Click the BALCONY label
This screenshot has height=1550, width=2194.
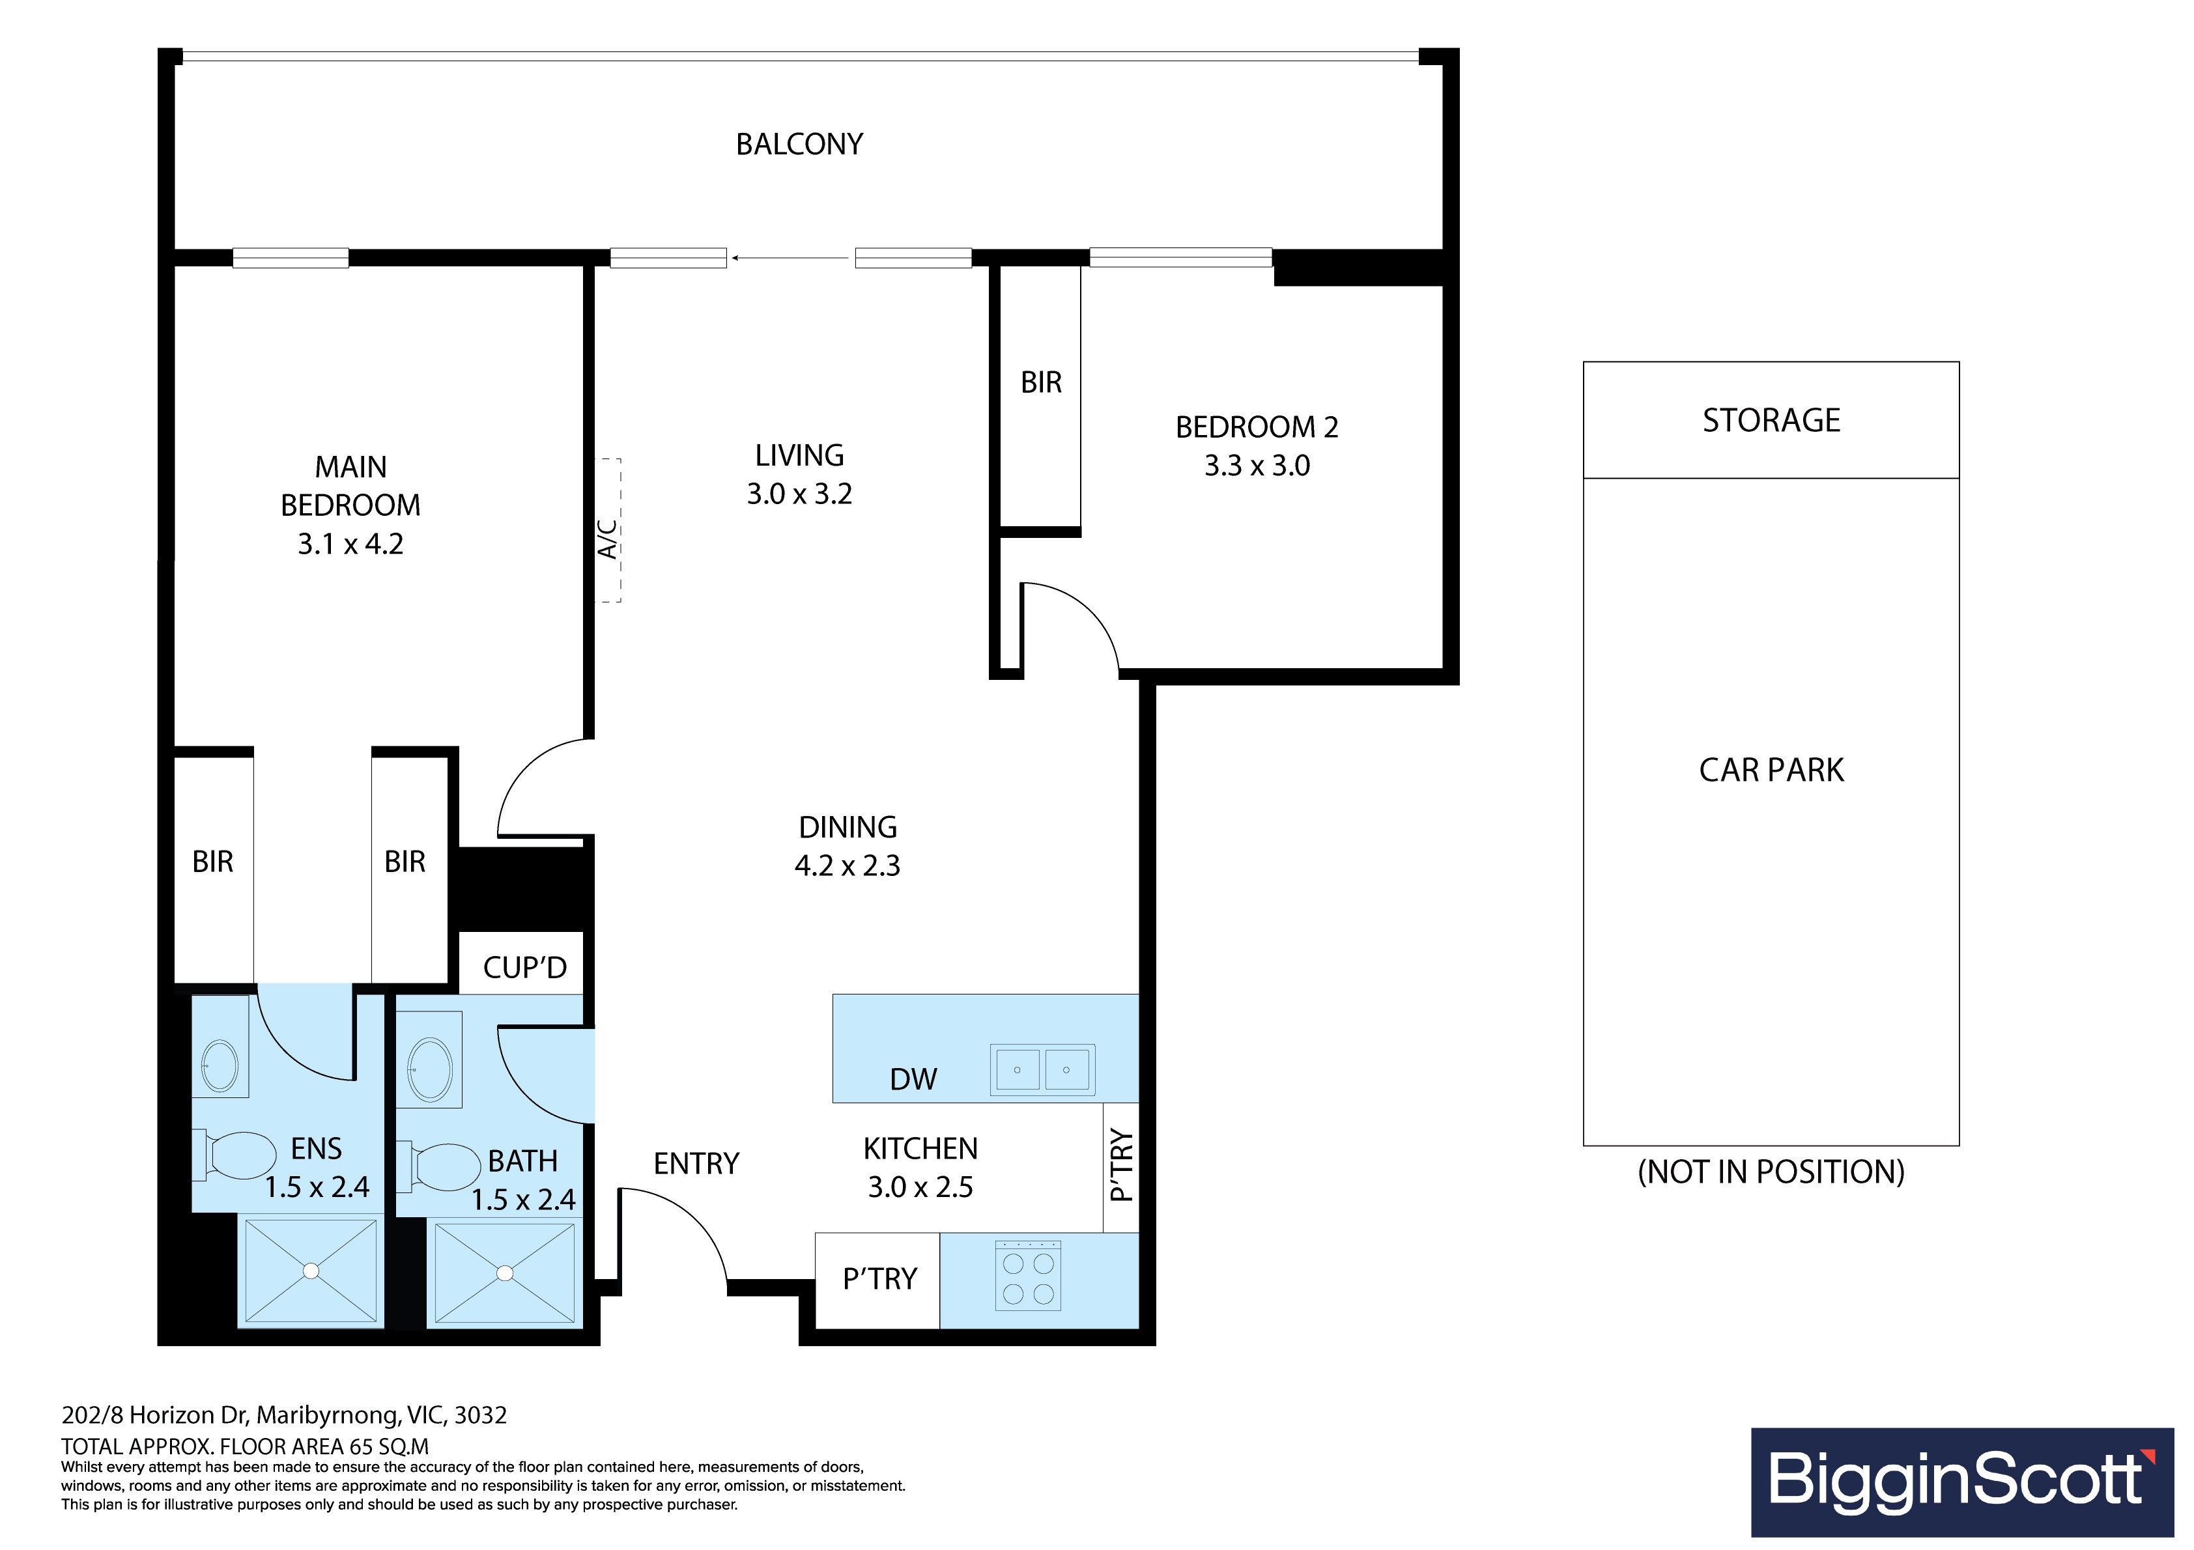[799, 145]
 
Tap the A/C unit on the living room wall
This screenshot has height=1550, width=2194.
[608, 530]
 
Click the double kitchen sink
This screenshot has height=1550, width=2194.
[1042, 1069]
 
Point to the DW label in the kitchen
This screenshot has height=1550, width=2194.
[913, 1080]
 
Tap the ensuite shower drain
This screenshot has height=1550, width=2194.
[311, 1271]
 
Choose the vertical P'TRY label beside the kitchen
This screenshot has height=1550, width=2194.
[1121, 1166]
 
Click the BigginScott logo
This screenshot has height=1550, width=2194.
[1962, 1482]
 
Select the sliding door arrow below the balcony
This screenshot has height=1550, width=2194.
[790, 258]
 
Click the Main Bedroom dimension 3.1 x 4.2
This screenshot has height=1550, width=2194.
[350, 544]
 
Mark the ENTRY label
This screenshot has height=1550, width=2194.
[696, 1164]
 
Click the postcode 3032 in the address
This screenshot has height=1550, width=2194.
[481, 1415]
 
